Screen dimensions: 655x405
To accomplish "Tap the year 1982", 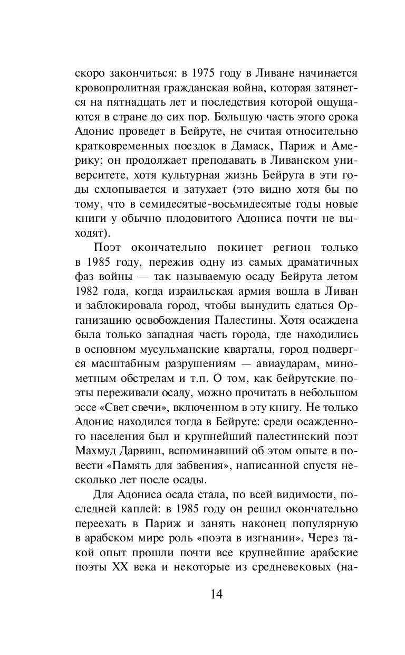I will tap(87, 292).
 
